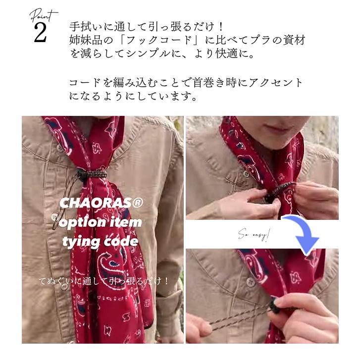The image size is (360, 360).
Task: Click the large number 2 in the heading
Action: pos(40,32)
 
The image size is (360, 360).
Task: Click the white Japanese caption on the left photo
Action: pos(104,281)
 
